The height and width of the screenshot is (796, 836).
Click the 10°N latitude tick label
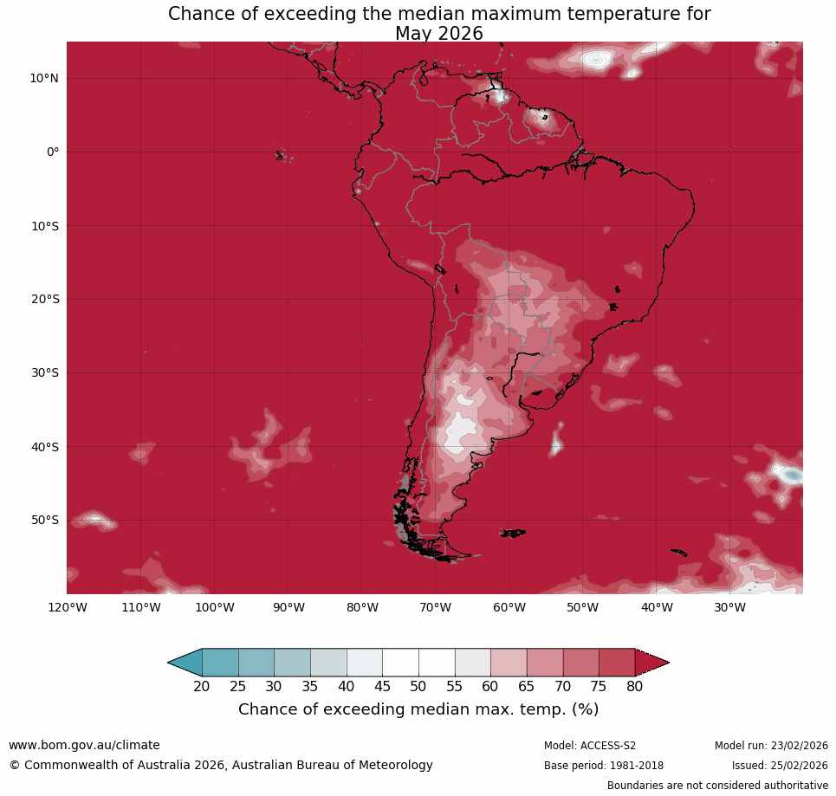44,78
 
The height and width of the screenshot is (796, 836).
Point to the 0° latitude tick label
53,152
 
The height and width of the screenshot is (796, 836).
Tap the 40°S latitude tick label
44,447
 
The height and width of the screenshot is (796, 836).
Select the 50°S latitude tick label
44,521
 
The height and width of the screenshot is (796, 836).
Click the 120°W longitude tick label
67,607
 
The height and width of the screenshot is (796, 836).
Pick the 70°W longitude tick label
435,607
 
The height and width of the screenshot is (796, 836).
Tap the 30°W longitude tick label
729,607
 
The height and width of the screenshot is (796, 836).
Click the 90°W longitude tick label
288,607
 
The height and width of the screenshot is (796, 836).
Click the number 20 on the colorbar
202,687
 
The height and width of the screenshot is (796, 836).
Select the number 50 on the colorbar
418,687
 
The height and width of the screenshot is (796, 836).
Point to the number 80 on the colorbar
635,687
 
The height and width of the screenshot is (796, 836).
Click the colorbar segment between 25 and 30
256,663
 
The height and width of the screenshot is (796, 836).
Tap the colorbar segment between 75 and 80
617,663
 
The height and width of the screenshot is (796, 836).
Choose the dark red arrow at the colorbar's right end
651,663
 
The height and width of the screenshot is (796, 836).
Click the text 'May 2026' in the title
439,34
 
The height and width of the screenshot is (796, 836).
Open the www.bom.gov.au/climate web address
84,745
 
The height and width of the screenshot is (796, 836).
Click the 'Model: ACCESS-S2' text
590,746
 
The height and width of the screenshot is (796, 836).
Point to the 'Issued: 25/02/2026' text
780,766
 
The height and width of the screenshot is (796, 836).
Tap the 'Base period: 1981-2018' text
604,766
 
